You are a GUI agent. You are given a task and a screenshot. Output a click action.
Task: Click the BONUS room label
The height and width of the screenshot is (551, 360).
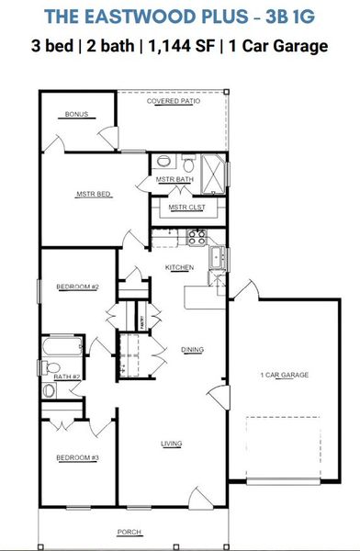(x=75, y=115)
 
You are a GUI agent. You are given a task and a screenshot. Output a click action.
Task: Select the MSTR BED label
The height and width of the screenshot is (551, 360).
(x=93, y=194)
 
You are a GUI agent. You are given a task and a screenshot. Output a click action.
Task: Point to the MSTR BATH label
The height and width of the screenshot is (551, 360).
(x=174, y=179)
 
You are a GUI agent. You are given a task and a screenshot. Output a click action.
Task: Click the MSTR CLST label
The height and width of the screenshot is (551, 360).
(x=185, y=208)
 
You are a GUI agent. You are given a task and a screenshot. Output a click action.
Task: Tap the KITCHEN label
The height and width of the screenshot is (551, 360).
(x=179, y=266)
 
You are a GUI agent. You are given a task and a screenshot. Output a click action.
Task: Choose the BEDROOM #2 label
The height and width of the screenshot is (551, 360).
(x=77, y=287)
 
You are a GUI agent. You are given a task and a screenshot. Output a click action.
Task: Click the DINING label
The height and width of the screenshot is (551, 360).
(x=192, y=349)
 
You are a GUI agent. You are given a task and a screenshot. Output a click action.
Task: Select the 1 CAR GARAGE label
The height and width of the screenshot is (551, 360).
(x=284, y=375)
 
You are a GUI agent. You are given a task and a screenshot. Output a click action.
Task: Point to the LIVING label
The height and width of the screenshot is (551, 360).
(x=172, y=444)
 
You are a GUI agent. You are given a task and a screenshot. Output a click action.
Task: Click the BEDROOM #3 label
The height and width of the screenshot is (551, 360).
(x=76, y=456)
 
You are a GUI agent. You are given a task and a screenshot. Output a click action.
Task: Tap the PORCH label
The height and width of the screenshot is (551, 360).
(x=129, y=533)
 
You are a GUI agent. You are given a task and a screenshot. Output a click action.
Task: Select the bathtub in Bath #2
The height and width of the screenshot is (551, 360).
(x=65, y=349)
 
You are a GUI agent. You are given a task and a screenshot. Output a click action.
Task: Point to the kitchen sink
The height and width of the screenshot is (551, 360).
(x=218, y=257)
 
